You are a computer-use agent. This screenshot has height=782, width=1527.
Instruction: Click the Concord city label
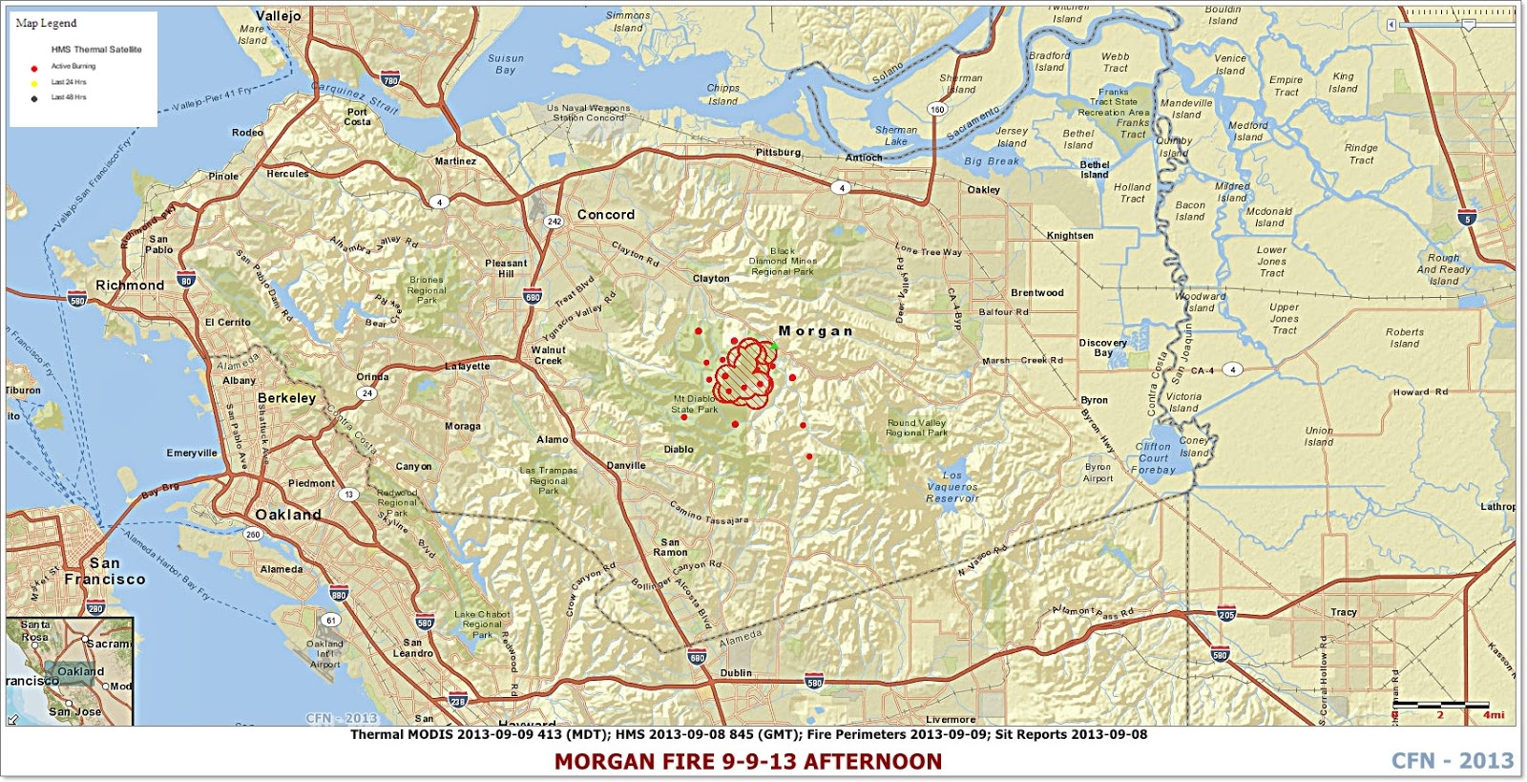(605, 215)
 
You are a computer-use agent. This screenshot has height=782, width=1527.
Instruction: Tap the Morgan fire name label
(815, 331)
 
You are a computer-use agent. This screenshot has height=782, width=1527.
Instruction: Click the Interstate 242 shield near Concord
(554, 221)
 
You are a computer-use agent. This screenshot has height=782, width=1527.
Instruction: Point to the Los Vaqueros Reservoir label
(952, 487)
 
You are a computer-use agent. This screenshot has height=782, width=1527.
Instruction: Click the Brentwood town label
(1036, 293)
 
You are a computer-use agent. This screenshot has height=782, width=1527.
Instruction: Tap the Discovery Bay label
(1102, 348)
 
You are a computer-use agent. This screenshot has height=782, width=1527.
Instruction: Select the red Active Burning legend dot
(34, 67)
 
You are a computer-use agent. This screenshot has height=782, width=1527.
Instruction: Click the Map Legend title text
(46, 23)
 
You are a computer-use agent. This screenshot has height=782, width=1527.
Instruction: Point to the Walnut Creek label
(548, 355)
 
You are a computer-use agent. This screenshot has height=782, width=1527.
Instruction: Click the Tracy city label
(1343, 612)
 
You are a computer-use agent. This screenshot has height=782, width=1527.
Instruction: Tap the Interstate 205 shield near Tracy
(1226, 614)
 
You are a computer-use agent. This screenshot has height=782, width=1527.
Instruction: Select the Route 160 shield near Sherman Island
(937, 109)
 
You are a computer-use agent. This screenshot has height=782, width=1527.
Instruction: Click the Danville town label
(626, 466)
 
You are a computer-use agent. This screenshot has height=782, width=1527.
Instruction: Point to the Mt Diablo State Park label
(694, 405)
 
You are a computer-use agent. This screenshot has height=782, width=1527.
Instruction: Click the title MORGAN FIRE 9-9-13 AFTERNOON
(747, 761)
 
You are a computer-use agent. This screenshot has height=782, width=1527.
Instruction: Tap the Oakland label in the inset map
(80, 671)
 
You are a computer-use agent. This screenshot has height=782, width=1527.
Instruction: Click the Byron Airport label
(1098, 473)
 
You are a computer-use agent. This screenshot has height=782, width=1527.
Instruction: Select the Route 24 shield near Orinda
(366, 393)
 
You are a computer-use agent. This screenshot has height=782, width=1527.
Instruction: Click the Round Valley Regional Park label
(916, 428)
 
